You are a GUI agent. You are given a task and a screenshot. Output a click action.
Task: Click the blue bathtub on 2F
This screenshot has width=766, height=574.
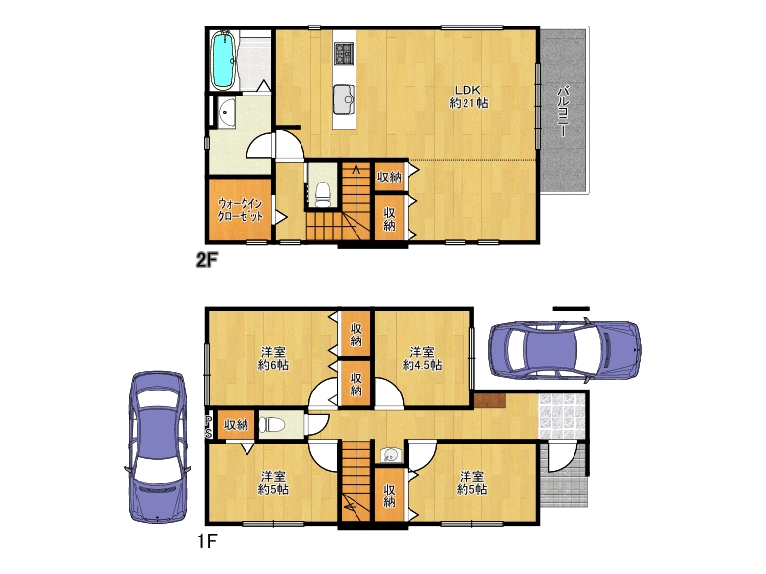click(x=224, y=61)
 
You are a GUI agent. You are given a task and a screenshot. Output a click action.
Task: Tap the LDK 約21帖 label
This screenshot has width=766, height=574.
click(x=468, y=96)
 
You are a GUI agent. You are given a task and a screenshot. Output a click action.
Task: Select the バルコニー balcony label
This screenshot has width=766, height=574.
click(x=563, y=111)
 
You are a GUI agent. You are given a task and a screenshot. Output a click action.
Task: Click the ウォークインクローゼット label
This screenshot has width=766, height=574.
click(x=241, y=210)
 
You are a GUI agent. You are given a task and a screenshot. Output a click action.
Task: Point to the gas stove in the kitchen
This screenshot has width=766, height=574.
click(x=344, y=53)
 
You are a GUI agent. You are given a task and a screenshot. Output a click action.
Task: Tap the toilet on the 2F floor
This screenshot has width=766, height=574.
click(x=323, y=193)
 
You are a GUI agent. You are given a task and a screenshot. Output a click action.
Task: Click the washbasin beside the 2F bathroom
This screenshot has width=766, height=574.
click(x=226, y=112)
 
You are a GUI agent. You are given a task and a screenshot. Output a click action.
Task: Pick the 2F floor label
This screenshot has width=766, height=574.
click(x=206, y=260)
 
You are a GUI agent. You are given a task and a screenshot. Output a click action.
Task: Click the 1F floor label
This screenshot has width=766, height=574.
click(x=207, y=541)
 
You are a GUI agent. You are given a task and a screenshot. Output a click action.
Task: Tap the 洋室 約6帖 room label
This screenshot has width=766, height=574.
click(x=273, y=358)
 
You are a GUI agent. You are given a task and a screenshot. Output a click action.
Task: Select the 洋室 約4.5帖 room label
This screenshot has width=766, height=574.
click(x=422, y=358)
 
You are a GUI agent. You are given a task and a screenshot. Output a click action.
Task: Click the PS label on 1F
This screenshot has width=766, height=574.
click(x=208, y=427)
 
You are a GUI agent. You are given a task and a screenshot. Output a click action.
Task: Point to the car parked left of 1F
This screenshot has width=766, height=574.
click(x=157, y=446)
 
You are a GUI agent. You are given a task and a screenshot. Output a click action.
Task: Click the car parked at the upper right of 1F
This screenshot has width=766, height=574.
click(x=566, y=350)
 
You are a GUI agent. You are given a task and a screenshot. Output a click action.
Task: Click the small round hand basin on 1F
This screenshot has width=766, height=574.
click(x=390, y=455)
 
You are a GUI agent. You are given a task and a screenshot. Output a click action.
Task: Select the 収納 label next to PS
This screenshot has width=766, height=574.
click(x=236, y=425)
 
